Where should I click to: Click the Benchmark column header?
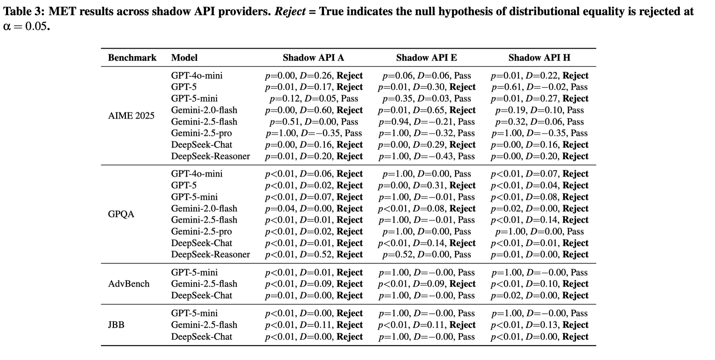click(x=132, y=58)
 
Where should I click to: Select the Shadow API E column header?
click(x=426, y=58)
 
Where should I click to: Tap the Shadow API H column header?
click(x=539, y=58)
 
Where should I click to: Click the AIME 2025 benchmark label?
click(x=131, y=116)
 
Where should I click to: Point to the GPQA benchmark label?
click(x=121, y=214)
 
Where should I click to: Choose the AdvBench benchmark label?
click(x=128, y=284)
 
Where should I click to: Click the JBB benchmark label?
click(x=116, y=325)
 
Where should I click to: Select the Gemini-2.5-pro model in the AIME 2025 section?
click(x=201, y=133)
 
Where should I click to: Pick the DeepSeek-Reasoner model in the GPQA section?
click(x=210, y=254)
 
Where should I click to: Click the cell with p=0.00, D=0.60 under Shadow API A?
click(x=314, y=110)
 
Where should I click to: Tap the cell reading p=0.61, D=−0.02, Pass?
click(x=539, y=87)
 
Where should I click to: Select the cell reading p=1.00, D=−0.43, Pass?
click(x=426, y=156)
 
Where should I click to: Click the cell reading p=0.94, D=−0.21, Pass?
click(x=426, y=122)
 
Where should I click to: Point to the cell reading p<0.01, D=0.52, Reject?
click(x=314, y=254)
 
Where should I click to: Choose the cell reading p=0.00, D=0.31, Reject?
click(x=426, y=185)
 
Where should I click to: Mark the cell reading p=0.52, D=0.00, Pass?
click(x=426, y=254)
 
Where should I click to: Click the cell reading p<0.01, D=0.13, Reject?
click(x=539, y=325)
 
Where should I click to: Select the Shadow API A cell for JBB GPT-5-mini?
click(x=314, y=313)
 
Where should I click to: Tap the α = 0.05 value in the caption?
click(x=26, y=27)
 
